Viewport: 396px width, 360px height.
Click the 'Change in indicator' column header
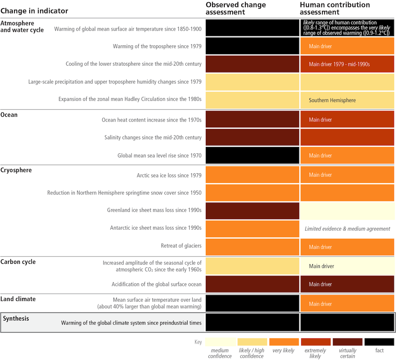(34, 11)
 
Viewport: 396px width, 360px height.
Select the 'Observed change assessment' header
(236, 8)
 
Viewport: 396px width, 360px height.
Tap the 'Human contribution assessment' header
(335, 8)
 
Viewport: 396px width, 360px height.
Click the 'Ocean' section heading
(9, 115)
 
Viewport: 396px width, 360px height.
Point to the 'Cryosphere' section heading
(16, 170)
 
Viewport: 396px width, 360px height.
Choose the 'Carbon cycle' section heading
(18, 262)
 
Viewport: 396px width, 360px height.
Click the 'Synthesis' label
(16, 318)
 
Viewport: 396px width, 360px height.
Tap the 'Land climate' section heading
(18, 299)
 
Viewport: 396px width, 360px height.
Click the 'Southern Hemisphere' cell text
(332, 100)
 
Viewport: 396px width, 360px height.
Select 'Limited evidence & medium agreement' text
(347, 229)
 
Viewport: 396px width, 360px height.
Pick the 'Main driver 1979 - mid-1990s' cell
(339, 64)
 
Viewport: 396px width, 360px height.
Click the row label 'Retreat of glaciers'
(181, 246)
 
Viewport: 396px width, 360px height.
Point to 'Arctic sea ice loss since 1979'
(169, 176)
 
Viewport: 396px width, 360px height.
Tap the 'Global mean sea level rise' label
(159, 156)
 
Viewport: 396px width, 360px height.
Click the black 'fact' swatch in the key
(379, 342)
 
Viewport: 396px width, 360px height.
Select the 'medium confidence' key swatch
(220, 342)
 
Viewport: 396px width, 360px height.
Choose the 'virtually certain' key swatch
(347, 342)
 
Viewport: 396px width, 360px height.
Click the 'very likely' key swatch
(283, 342)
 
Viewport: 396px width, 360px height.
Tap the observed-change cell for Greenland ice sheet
(252, 211)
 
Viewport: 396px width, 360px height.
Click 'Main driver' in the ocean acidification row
(320, 284)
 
